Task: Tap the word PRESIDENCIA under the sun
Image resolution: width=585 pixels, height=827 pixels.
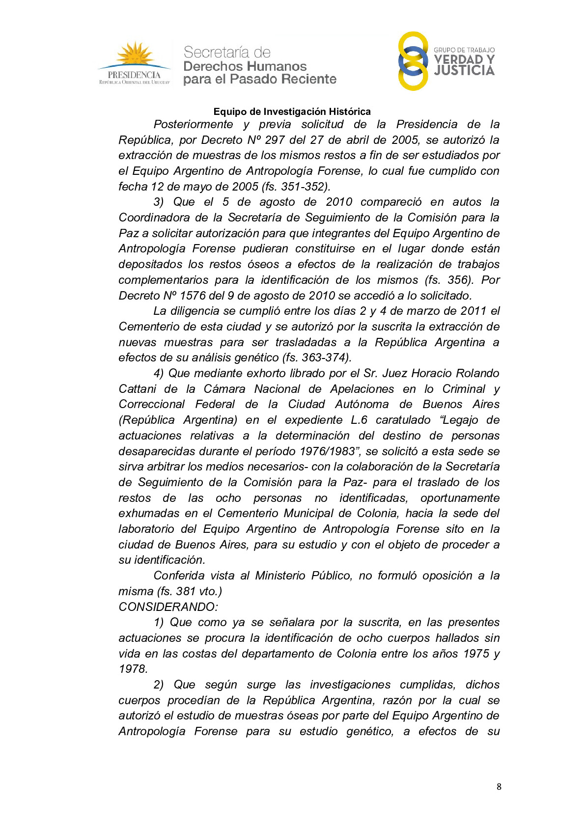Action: (134, 75)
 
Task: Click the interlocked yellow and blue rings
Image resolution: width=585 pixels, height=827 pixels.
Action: (413, 61)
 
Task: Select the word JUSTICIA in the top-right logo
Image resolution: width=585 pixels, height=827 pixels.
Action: (464, 71)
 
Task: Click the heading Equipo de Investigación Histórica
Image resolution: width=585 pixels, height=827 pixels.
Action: (292, 111)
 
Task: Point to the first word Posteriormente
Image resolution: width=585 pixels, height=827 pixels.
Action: (193, 125)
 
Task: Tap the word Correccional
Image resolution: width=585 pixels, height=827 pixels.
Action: (152, 404)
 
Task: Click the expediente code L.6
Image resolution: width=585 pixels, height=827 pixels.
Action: (359, 420)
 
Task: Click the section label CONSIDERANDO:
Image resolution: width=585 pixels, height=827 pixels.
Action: (168, 607)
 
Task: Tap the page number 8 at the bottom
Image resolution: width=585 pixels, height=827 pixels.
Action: (499, 787)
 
